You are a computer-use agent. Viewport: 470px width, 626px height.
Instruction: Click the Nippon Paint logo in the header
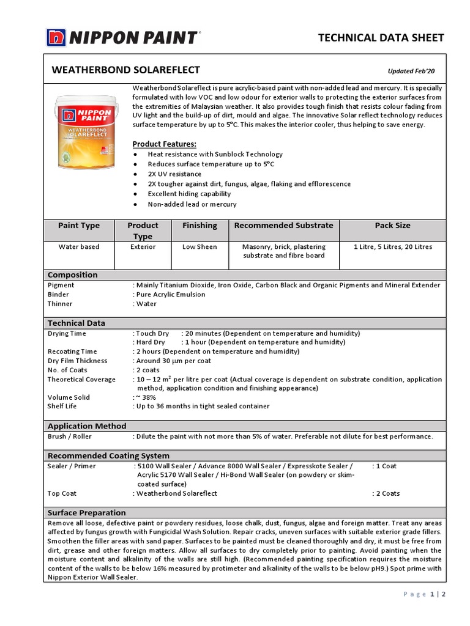(122, 37)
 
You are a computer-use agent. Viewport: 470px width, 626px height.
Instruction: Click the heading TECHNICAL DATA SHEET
(381, 38)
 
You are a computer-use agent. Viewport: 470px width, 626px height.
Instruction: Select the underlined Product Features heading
(164, 144)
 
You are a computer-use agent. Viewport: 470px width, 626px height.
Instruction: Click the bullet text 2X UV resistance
(174, 174)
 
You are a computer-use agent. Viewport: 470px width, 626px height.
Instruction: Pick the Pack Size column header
(392, 226)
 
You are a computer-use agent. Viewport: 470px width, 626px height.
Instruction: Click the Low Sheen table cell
(200, 247)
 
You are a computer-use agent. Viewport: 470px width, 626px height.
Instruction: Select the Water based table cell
(78, 247)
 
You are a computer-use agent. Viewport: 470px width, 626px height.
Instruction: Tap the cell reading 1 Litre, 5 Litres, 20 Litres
(392, 247)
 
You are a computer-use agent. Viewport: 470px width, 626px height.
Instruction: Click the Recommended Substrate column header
(283, 226)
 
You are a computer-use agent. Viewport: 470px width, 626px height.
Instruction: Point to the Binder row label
(58, 295)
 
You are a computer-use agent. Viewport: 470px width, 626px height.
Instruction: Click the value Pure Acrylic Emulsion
(171, 295)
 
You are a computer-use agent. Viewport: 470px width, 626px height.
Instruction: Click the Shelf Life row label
(62, 407)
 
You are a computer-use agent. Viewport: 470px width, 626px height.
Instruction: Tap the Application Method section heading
(87, 426)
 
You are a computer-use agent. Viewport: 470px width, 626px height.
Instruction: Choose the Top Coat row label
(62, 493)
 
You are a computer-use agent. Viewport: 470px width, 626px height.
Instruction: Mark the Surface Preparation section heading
(86, 513)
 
